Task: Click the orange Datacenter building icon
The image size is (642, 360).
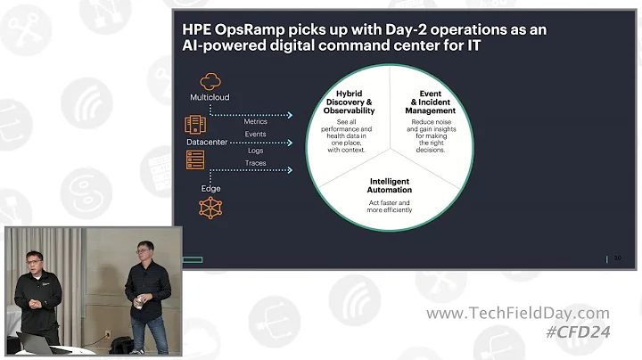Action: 195,125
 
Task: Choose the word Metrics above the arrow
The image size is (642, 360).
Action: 255,121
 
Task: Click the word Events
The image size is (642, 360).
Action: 255,135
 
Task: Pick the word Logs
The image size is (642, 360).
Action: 255,151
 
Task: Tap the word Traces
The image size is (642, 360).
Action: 255,164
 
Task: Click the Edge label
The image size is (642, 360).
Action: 210,188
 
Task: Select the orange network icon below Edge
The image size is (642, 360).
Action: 210,209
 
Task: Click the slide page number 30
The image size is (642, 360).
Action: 617,259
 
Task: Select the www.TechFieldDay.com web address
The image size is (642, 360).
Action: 517,314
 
